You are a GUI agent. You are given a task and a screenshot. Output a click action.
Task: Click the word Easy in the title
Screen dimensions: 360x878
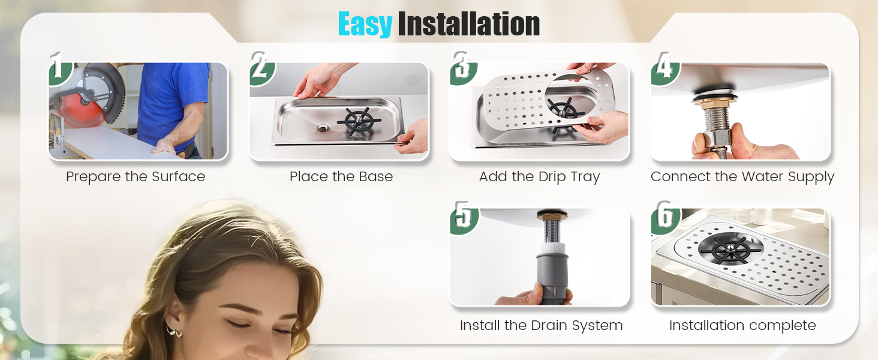coord(365,25)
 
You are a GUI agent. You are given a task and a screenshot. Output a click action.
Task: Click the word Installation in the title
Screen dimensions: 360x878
coord(468,25)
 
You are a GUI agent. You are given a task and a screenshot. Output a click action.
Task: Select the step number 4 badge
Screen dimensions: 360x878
coord(663,67)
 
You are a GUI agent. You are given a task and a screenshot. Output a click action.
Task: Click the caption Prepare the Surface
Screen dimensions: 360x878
coord(136,177)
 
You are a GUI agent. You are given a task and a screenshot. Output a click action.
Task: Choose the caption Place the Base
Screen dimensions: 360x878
coord(341,177)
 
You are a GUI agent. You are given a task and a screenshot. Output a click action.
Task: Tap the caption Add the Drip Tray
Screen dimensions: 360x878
coord(539,177)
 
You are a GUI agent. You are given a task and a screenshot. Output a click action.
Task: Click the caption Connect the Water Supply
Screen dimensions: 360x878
coord(742,177)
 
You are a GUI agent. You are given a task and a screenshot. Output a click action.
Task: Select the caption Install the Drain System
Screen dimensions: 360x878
coord(541,326)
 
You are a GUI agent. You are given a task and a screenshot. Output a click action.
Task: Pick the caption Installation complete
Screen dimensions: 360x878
coord(742,326)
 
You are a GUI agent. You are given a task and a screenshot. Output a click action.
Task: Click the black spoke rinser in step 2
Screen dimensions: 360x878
coord(359,122)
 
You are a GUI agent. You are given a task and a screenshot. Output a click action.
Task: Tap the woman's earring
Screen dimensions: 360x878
coord(173,332)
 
